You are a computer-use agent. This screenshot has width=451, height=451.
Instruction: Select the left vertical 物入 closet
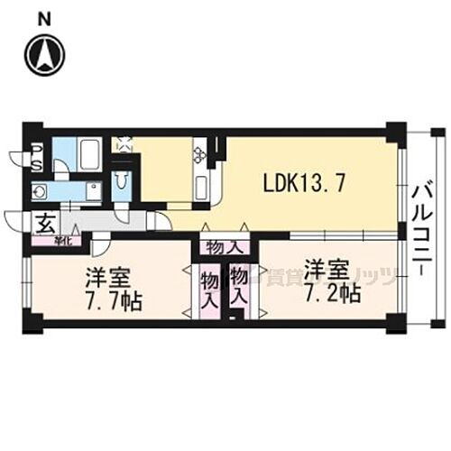[x=208, y=290]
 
